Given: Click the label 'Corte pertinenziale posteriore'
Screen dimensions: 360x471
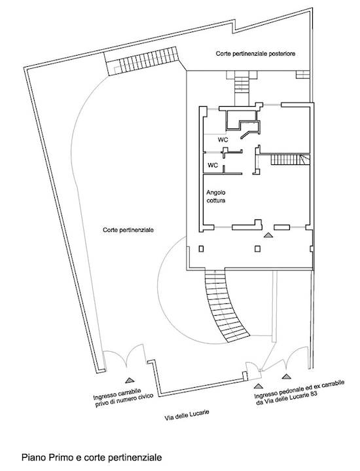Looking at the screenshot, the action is pos(255,54).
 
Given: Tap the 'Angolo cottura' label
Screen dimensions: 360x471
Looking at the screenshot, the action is pos(216,197).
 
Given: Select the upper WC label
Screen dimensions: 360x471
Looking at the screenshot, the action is pos(223,140).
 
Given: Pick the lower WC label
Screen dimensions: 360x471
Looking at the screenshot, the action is pos(213,165).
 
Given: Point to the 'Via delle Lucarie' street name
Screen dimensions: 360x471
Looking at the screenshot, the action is pos(187,415).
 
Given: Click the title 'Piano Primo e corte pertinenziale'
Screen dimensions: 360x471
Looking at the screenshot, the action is pos(92,457).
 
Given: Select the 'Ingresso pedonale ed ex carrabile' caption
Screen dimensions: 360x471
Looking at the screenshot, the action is pos(299,389).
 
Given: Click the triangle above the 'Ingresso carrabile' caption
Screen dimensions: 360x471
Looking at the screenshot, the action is pos(130,381).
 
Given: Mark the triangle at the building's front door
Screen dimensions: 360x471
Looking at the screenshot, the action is pos(268,235).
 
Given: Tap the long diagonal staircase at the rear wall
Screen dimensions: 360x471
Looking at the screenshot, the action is pos(143,61).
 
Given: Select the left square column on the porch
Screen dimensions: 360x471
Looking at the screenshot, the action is pos(201,249).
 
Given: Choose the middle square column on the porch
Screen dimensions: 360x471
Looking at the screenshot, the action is pos(257,249).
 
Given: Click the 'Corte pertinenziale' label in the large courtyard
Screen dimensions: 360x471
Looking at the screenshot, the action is pos(128,230).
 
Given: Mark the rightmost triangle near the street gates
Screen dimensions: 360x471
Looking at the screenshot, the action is pos(287,376).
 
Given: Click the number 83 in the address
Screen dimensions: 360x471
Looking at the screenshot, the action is pos(314,394).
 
